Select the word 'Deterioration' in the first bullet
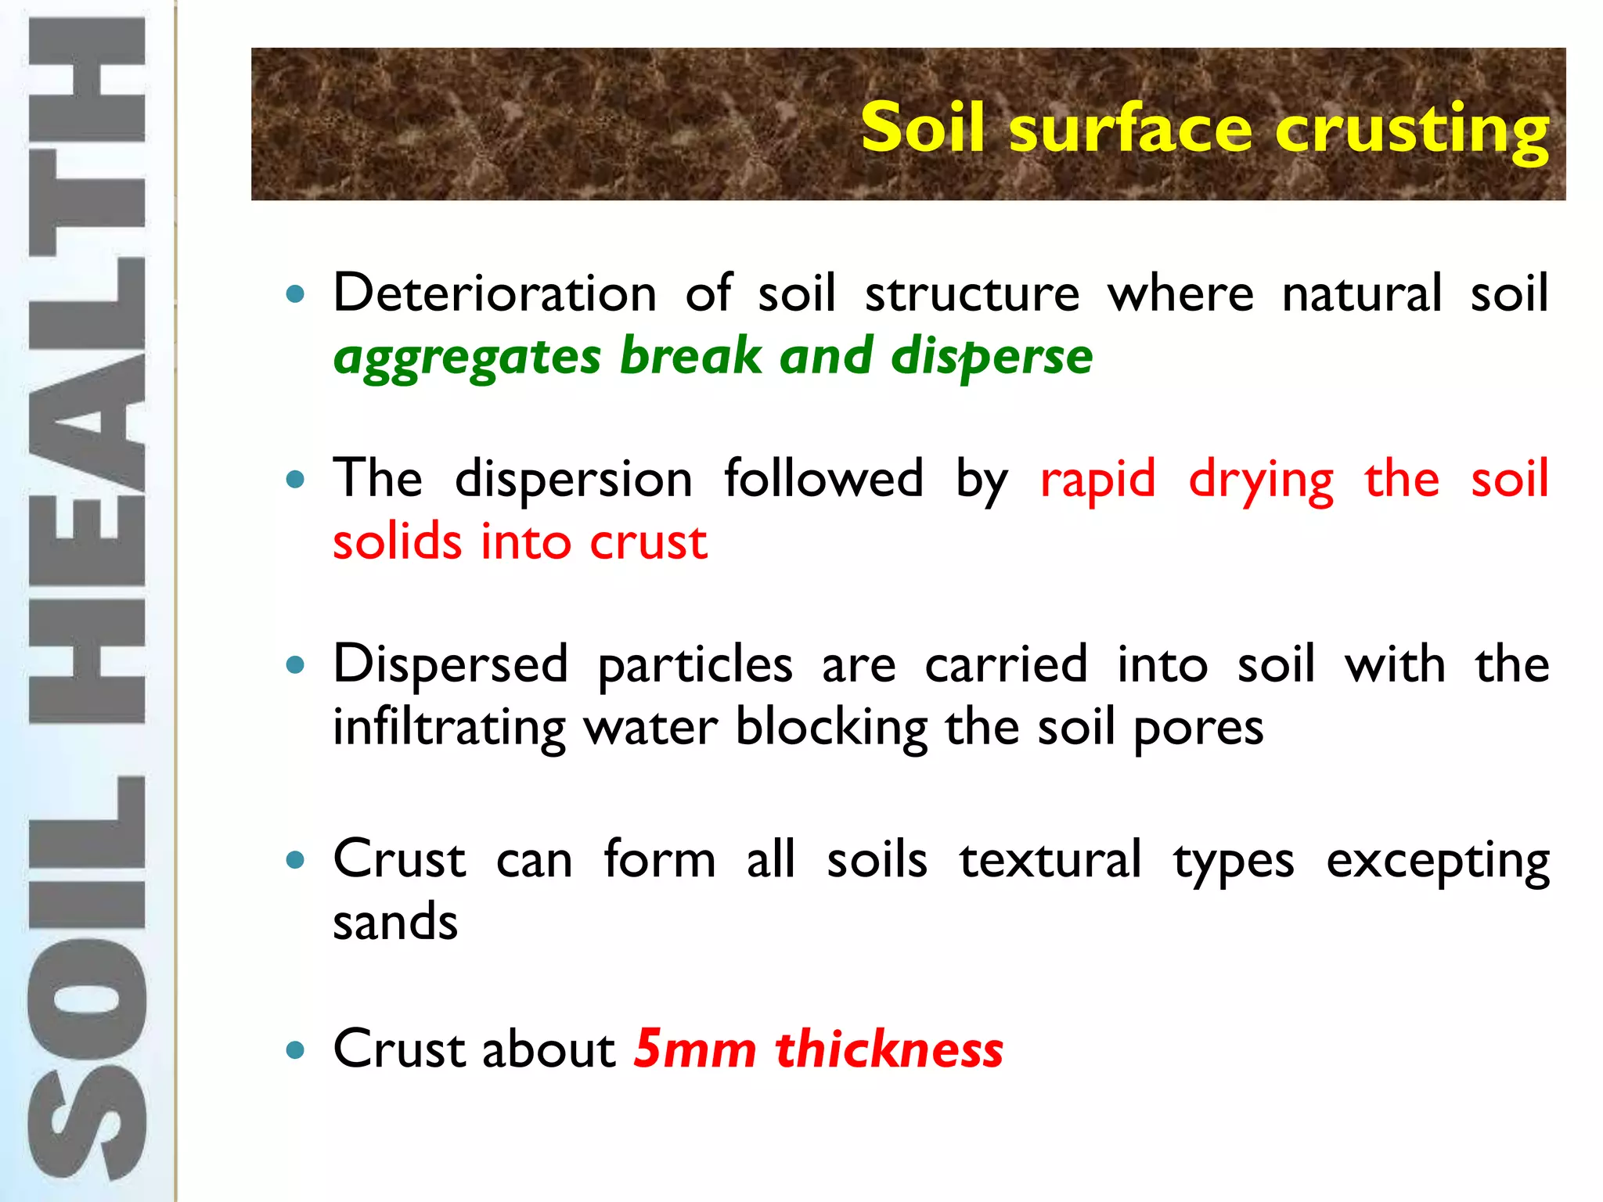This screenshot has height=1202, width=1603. tap(495, 293)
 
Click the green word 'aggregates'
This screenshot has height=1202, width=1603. tap(467, 358)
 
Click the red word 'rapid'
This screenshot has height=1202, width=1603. tap(1097, 479)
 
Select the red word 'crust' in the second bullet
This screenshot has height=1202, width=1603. tap(648, 542)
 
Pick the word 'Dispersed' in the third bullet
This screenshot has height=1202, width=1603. tap(451, 664)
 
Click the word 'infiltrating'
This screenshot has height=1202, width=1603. tap(449, 728)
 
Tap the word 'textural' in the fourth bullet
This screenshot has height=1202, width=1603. tap(1050, 859)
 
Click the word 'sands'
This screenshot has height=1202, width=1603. tap(395, 922)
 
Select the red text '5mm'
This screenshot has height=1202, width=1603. tap(695, 1049)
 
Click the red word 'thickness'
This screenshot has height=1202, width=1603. tap(889, 1049)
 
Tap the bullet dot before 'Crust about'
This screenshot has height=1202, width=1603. tap(295, 1049)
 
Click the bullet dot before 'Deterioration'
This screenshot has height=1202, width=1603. tap(295, 295)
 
